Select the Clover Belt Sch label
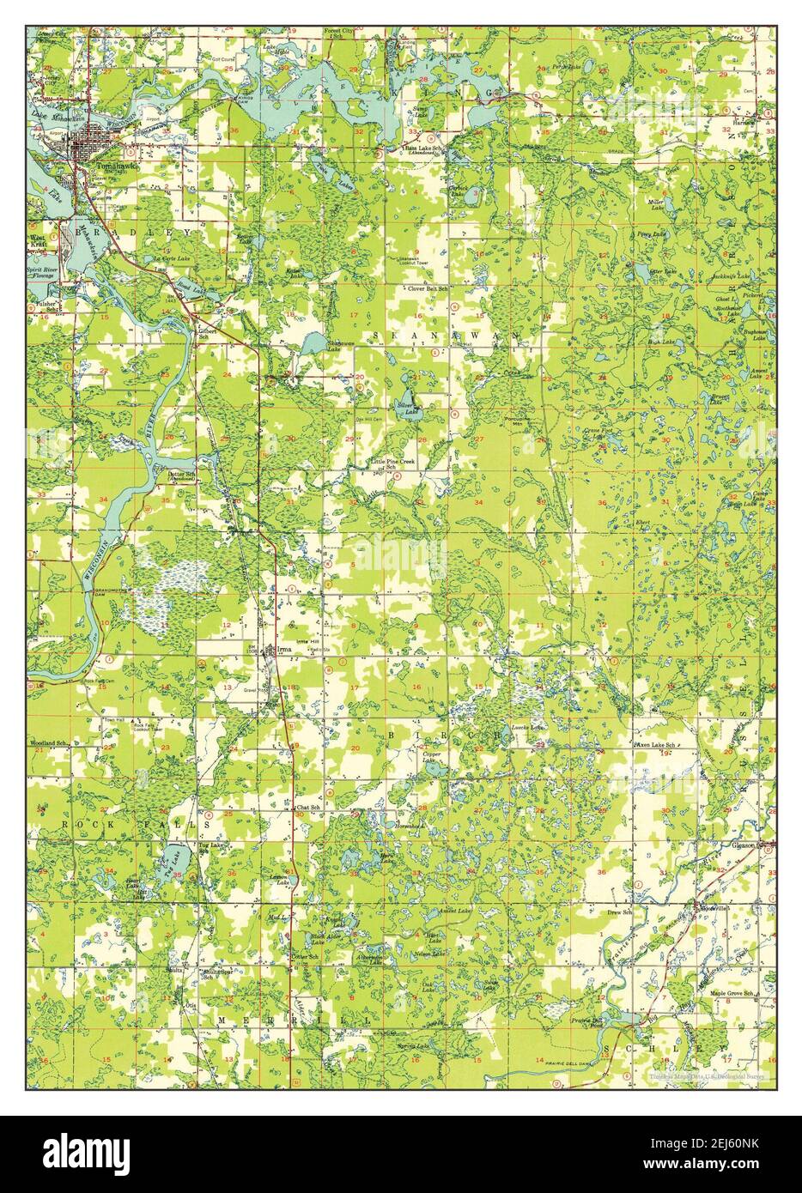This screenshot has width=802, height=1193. point(428,289)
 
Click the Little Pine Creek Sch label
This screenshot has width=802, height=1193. point(394,464)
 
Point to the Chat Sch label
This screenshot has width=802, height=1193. point(308,808)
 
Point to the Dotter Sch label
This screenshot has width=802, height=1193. point(181,474)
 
